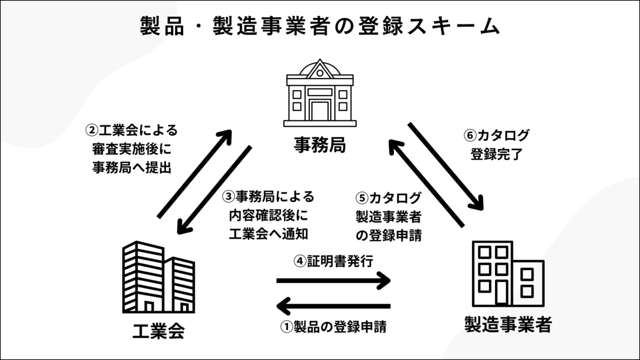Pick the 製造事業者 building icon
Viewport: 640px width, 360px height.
tap(508, 276)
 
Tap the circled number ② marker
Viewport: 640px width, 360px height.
tap(92, 130)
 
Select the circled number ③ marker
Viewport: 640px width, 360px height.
tap(228, 197)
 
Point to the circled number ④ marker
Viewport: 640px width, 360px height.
tap(300, 261)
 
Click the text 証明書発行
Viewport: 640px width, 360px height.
tap(339, 261)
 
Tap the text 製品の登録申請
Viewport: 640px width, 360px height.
tap(339, 327)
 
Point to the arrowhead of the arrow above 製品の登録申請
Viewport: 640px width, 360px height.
tap(284, 306)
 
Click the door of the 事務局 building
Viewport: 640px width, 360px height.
tap(319, 111)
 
